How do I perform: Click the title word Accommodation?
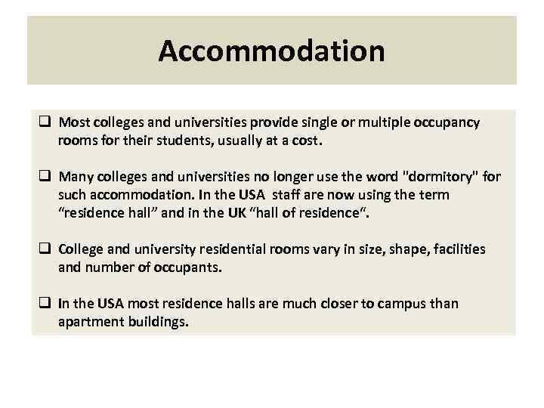coord(271,51)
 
